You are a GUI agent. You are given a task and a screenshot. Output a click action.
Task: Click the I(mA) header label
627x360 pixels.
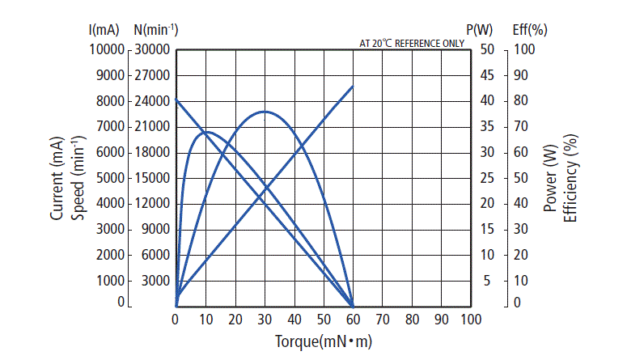pos(104,30)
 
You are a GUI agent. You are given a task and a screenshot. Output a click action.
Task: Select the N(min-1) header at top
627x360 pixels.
pos(155,30)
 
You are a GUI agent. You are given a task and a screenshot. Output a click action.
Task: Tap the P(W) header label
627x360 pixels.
pos(480,30)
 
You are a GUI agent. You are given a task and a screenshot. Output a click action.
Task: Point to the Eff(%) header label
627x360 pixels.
pos(530,30)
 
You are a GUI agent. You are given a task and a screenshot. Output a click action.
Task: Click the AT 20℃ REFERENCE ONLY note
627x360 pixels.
pos(412,43)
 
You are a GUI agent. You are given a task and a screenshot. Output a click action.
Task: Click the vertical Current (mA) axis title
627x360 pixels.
pos(57,177)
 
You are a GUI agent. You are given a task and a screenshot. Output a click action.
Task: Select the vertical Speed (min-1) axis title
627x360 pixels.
pos(78,177)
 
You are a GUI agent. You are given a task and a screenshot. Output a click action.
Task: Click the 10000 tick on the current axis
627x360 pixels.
pos(107,49)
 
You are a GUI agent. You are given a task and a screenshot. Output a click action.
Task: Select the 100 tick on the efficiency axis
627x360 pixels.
pos(523,49)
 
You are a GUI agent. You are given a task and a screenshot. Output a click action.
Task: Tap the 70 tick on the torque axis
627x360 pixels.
pos(382,319)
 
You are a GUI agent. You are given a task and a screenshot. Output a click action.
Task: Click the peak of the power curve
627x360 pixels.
pos(265,112)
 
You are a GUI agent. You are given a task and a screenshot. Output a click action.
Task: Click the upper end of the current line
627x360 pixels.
pos(353,86)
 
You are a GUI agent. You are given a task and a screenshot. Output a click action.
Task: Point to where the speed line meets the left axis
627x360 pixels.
pos(176,100)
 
